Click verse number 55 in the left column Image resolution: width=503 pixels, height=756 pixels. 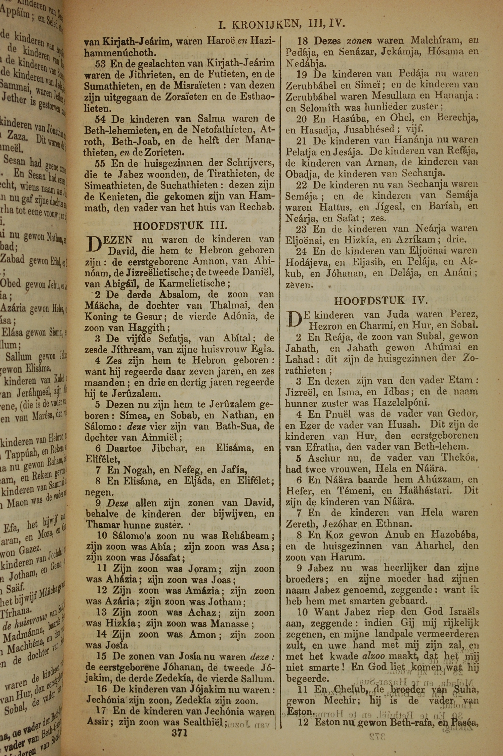point(100,163)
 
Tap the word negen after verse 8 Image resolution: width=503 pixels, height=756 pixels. point(97,492)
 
